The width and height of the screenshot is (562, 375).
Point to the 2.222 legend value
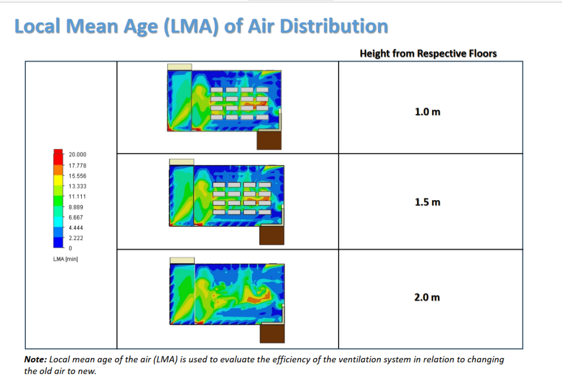tap(76, 238)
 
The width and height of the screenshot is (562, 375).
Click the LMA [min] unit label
tap(65, 259)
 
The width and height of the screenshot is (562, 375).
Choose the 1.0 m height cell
tap(428, 112)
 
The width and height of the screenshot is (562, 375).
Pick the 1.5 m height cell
tap(428, 202)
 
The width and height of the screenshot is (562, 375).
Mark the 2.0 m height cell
tap(428, 298)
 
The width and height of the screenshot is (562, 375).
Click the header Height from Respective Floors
tap(428, 53)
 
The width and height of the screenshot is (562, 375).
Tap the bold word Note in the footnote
tap(35, 360)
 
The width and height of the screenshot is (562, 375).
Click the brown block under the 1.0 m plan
tap(269, 140)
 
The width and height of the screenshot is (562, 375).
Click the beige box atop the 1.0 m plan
tap(179, 66)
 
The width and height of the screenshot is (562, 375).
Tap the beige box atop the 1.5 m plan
tap(182, 162)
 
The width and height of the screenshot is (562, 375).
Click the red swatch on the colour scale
tap(58, 154)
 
